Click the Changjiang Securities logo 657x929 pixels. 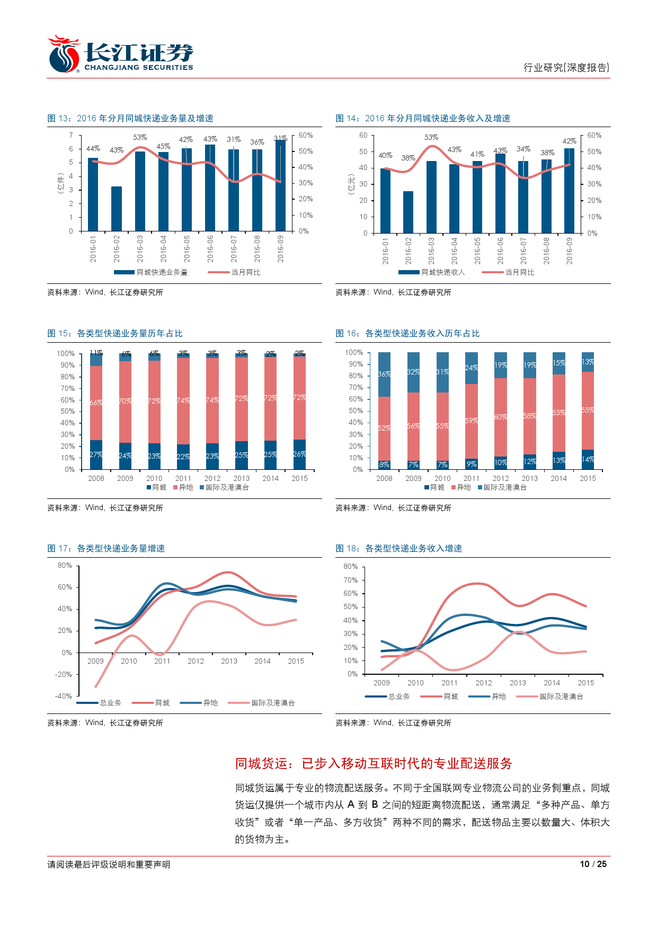[x=121, y=55]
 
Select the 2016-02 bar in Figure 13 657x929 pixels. [x=117, y=209]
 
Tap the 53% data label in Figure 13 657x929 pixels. [x=140, y=137]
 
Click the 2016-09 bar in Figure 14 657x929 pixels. [x=569, y=191]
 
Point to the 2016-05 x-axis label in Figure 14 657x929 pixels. [x=477, y=251]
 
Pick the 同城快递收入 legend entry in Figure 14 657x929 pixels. [x=432, y=272]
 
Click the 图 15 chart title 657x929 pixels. [x=115, y=333]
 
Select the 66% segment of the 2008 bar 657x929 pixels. [x=96, y=403]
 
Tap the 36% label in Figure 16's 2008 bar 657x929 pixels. [x=384, y=374]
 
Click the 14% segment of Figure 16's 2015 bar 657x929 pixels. [x=588, y=460]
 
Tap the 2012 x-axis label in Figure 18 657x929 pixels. [x=484, y=683]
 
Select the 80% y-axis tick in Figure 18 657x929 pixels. [x=351, y=566]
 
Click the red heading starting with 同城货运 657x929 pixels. [x=374, y=763]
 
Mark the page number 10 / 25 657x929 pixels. [x=593, y=864]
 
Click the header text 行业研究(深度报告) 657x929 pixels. [x=566, y=67]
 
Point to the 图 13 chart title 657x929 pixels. [x=130, y=118]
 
